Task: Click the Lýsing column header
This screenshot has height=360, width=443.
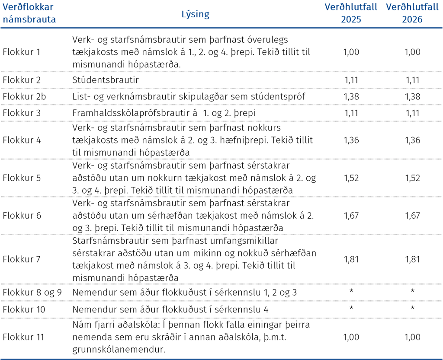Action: pyautogui.click(x=195, y=14)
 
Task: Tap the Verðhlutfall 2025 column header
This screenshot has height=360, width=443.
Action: pyautogui.click(x=351, y=13)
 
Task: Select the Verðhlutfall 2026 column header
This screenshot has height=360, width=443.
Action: pyautogui.click(x=412, y=13)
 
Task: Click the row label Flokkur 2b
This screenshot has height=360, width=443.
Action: pyautogui.click(x=24, y=96)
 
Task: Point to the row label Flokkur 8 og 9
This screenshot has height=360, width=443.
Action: pyautogui.click(x=32, y=292)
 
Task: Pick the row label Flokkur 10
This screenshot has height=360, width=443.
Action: pyautogui.click(x=24, y=309)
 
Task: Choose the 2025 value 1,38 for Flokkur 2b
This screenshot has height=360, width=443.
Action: pyautogui.click(x=351, y=96)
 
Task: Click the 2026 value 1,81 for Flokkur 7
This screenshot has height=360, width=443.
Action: pyautogui.click(x=412, y=259)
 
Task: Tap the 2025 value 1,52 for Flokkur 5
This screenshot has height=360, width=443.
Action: pyautogui.click(x=351, y=178)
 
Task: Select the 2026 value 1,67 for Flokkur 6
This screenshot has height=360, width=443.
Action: pyautogui.click(x=412, y=216)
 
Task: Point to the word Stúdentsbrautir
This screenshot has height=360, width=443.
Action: pyautogui.click(x=106, y=80)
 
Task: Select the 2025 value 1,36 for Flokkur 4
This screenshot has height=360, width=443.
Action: pyautogui.click(x=351, y=140)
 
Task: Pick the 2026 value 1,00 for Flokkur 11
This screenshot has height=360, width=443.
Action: pyautogui.click(x=412, y=337)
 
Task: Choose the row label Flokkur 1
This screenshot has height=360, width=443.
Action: pyautogui.click(x=22, y=52)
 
